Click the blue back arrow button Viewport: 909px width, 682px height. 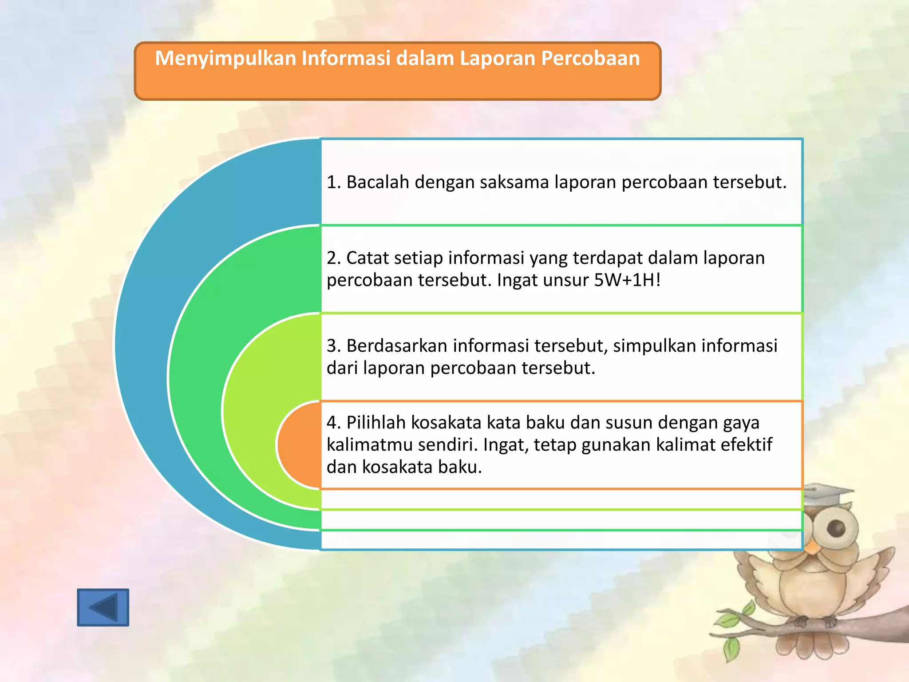coord(103,607)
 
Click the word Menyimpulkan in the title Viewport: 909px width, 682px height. coord(225,59)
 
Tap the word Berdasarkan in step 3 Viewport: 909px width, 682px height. coord(397,346)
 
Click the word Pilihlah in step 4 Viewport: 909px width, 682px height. coord(376,423)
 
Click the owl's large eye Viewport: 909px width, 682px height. coord(836,528)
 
